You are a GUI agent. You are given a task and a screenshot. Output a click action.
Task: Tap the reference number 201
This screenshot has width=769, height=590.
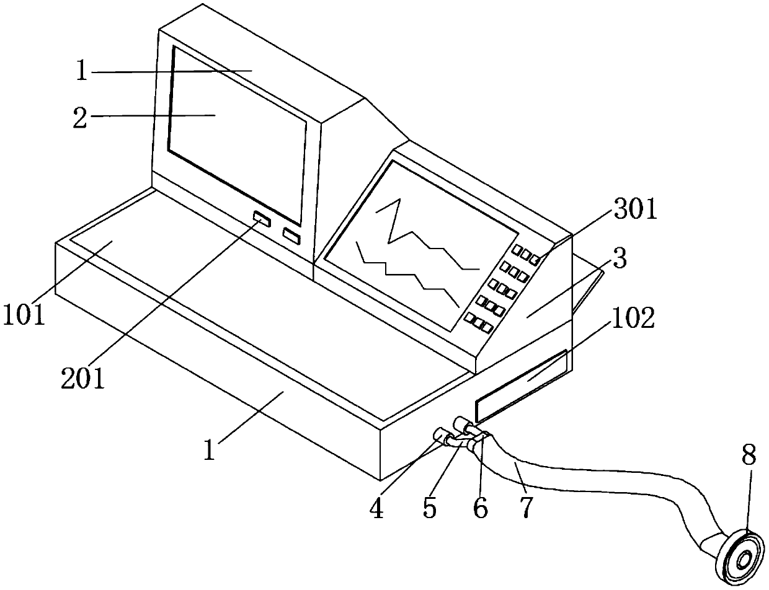[82, 377]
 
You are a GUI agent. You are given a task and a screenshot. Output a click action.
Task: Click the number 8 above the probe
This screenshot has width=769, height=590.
[749, 457]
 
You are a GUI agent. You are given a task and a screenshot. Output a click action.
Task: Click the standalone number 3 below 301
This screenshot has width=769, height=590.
[618, 259]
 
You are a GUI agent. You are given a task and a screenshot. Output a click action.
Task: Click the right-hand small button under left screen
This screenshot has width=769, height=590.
[291, 236]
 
